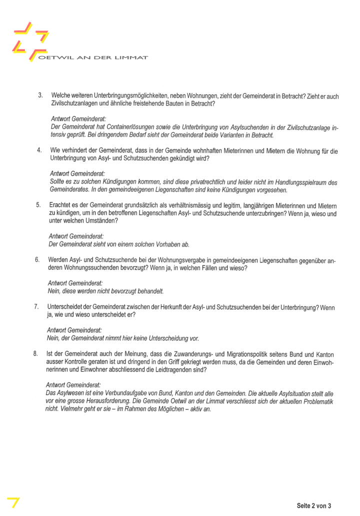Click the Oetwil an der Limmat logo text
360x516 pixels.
tap(93, 57)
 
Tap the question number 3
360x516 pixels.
tap(40, 95)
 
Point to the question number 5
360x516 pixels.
tap(38, 205)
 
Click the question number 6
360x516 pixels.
tap(37, 260)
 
